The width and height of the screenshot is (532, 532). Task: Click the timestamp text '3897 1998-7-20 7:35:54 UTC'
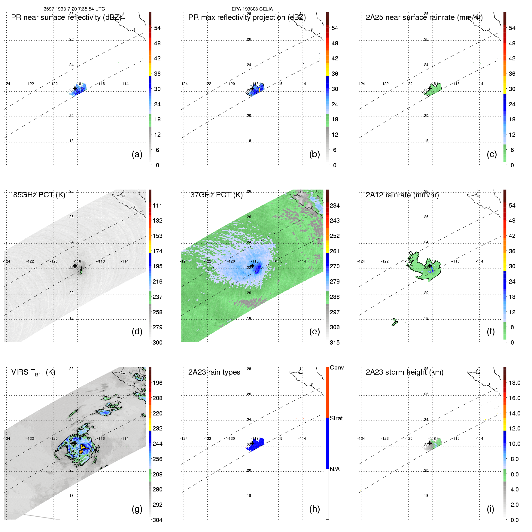coord(74,9)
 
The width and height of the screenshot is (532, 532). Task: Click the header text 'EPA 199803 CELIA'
coord(252,9)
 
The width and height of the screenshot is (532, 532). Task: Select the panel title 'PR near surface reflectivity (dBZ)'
coord(66,17)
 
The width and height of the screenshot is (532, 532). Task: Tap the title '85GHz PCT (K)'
coord(39,195)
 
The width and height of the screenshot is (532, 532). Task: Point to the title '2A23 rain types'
coord(214,372)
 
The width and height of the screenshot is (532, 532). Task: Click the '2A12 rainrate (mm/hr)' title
coord(402,195)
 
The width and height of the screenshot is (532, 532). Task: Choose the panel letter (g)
coord(137,509)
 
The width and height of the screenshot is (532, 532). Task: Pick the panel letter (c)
coord(492,154)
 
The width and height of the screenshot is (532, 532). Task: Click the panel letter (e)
coord(315,332)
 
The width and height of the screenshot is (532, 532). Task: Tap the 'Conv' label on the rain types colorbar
coord(337,368)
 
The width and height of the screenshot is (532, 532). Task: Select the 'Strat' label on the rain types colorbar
coord(336,418)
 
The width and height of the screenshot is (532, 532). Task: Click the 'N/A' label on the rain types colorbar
coord(335,469)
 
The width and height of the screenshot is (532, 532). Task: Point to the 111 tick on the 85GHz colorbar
coord(157,206)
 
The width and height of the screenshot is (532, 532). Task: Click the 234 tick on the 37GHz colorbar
coord(335,206)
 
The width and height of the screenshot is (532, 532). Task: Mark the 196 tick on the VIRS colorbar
coord(157,383)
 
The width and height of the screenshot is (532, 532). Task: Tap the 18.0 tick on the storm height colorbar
coord(514,383)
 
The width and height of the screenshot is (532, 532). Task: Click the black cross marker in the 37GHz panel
coord(252,266)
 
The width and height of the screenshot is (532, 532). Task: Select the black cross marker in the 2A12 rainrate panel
coord(430,266)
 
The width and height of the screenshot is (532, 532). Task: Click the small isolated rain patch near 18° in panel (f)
coord(395,322)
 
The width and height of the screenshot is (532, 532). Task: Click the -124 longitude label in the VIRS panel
coord(7,439)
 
